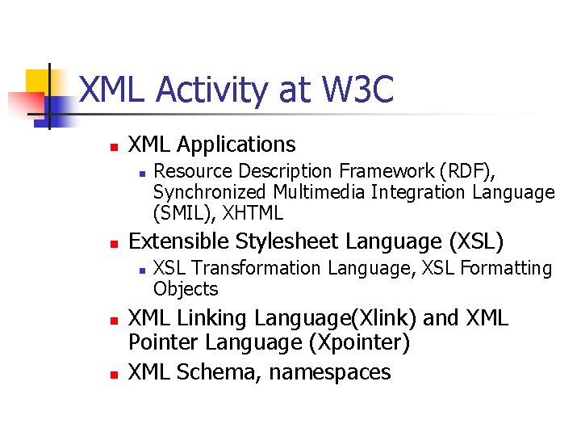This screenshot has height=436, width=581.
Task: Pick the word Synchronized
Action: [210, 192]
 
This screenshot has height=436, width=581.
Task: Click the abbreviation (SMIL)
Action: [182, 213]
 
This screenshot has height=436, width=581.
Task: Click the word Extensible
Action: [180, 241]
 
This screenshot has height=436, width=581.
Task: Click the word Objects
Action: [186, 288]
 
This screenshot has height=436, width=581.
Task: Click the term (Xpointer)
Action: [359, 342]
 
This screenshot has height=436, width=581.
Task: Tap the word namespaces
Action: [330, 372]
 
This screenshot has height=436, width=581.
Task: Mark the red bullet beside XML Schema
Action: [114, 375]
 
